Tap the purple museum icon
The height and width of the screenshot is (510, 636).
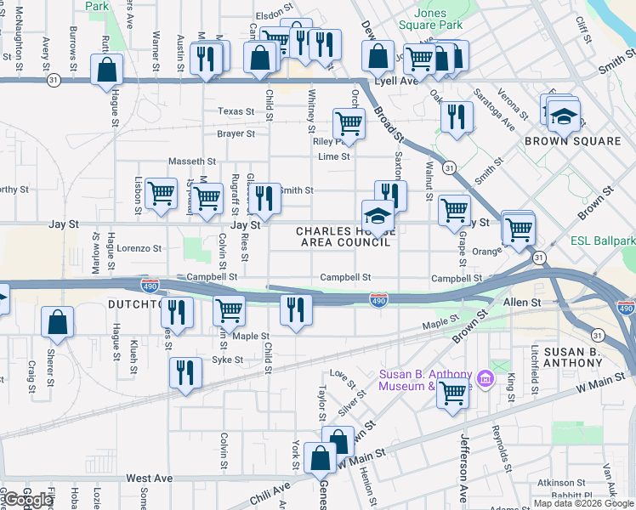point(485,377)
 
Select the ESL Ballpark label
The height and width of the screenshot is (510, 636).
point(604,241)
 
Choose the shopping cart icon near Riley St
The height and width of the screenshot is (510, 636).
point(349,123)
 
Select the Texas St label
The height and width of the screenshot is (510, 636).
point(236,111)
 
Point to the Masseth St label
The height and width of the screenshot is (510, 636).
point(192,161)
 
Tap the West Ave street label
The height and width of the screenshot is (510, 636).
point(150,479)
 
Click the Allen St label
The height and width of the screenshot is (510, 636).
point(522,303)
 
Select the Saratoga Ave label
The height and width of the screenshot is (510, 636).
point(495,107)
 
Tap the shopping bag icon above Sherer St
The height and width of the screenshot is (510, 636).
point(57,321)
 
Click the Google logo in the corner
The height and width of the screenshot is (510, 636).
point(28,500)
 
